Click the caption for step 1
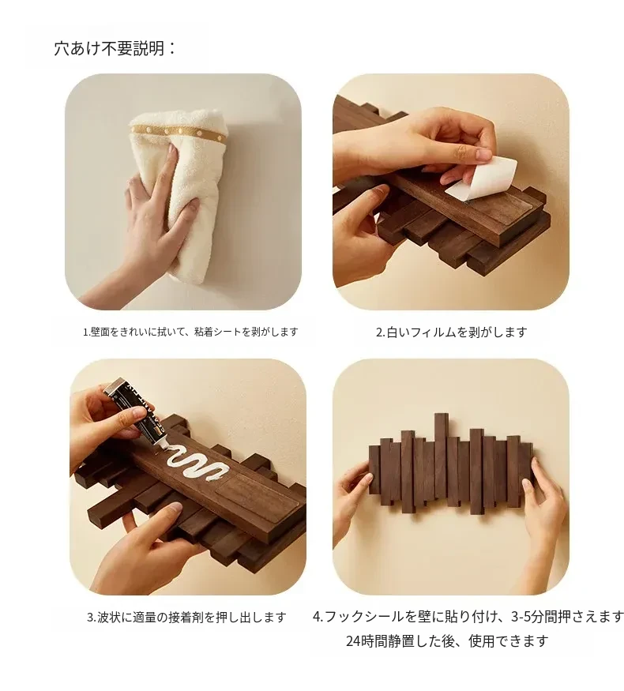click(x=190, y=332)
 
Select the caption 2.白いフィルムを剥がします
click(x=451, y=332)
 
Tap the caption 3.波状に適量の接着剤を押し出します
click(x=186, y=617)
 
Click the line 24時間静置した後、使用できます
click(x=447, y=640)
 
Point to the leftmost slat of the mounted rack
click(x=374, y=470)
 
